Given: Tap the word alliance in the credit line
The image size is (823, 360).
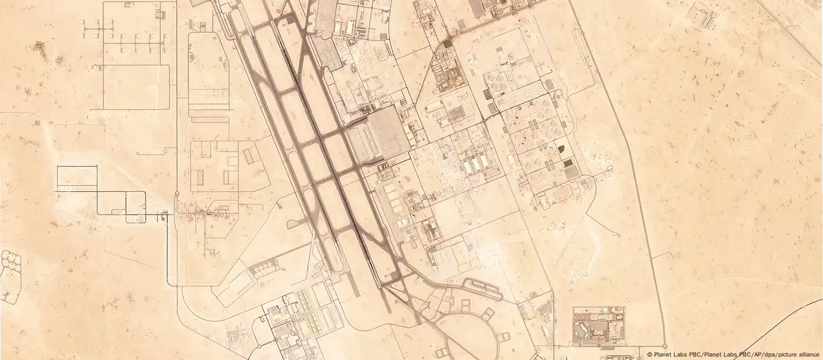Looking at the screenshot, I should (x=806, y=355).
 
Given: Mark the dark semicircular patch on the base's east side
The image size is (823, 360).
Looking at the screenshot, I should (x=561, y=148).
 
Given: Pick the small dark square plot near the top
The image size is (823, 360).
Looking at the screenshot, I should (x=447, y=45).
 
